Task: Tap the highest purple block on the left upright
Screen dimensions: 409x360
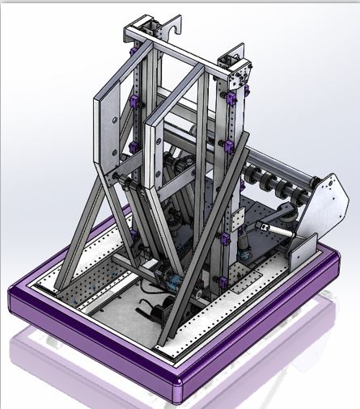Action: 134,103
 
